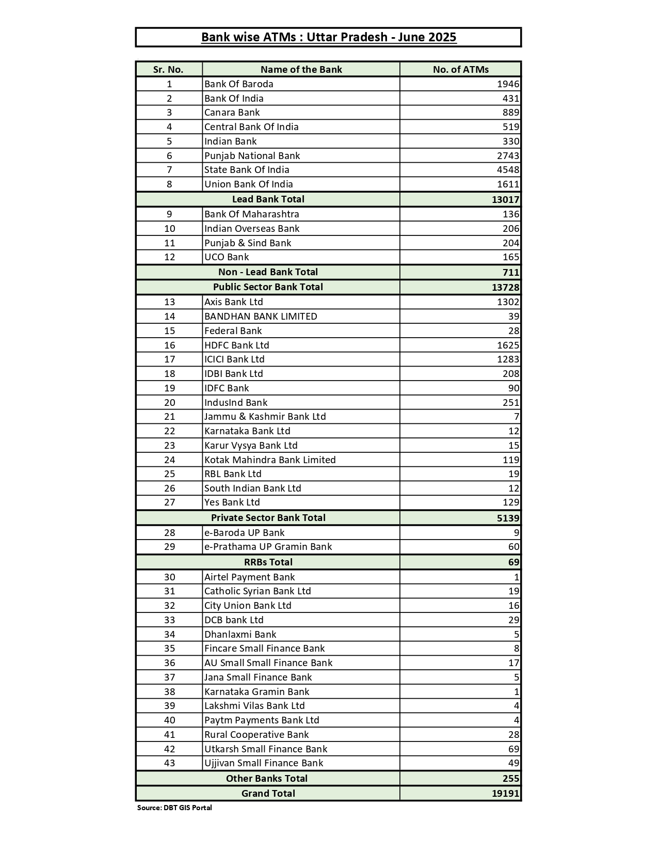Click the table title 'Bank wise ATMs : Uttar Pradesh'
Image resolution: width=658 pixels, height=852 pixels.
point(328,37)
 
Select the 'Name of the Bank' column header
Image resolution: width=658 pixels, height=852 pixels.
point(301,69)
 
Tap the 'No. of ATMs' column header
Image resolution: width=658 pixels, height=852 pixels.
point(460,69)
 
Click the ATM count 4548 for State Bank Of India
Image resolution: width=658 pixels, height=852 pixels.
point(508,170)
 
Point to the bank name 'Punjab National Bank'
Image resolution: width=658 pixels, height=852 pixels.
point(252,155)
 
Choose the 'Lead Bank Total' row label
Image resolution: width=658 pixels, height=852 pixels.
point(268,199)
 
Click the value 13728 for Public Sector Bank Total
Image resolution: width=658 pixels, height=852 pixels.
point(505,287)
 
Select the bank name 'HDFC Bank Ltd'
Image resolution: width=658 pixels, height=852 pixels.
point(236,345)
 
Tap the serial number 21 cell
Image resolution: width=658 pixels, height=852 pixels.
point(169,417)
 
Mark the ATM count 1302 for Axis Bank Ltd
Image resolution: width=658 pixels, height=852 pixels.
point(508,302)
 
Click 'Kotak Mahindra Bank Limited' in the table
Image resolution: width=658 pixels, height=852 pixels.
point(270,460)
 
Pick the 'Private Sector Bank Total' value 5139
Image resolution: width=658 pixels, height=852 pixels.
point(508,518)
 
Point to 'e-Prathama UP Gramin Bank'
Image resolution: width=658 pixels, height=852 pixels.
point(268,547)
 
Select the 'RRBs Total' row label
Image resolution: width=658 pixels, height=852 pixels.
point(268,562)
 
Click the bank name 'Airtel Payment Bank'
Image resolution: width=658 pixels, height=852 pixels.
point(249,577)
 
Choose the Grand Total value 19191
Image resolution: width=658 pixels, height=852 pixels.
point(505,794)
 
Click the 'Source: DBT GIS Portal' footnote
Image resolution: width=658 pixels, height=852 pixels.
point(174,808)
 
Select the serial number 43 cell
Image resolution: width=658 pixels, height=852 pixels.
point(169,763)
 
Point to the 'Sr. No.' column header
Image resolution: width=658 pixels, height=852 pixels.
point(168,69)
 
